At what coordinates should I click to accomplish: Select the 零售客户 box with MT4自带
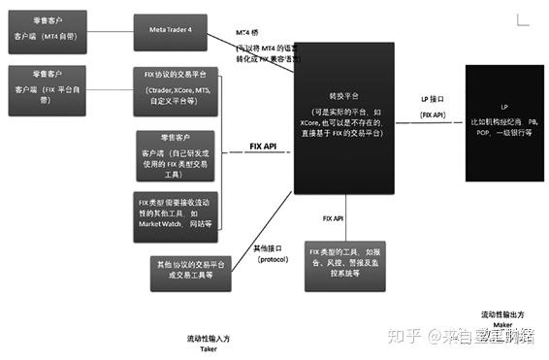coord(48,28)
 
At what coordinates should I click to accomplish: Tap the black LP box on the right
coord(504,121)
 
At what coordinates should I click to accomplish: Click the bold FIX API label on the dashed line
coord(264,147)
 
